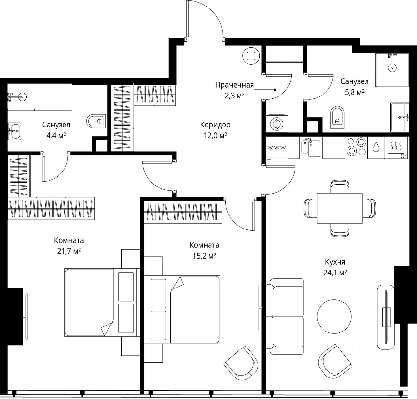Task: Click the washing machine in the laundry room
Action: click(277, 124)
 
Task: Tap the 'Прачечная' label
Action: click(235, 85)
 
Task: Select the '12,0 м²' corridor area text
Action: click(215, 136)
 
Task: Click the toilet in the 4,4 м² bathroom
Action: click(96, 121)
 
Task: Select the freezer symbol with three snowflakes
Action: click(277, 148)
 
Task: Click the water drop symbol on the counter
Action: click(376, 147)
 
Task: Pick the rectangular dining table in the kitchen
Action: click(340, 208)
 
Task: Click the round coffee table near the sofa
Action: click(334, 317)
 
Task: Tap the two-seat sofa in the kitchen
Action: click(285, 317)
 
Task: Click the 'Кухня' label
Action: click(335, 262)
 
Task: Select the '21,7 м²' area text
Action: click(69, 251)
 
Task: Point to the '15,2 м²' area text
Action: click(204, 256)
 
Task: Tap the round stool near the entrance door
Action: click(251, 55)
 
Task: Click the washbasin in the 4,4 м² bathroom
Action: click(14, 131)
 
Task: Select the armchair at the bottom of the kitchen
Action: click(335, 362)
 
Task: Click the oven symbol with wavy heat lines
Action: click(396, 148)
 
